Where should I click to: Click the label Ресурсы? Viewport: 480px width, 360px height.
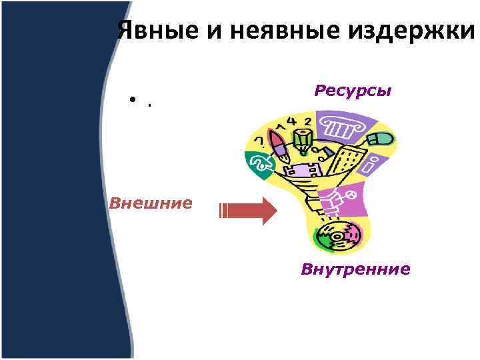(353, 90)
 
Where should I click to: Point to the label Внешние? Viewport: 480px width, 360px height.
(151, 202)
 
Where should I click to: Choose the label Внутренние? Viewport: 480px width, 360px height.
(355, 269)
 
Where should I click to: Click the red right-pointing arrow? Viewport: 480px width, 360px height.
(248, 211)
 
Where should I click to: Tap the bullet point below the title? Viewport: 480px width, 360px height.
(133, 102)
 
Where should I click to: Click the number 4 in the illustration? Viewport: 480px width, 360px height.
(291, 122)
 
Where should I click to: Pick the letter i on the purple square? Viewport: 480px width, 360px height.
(373, 163)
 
